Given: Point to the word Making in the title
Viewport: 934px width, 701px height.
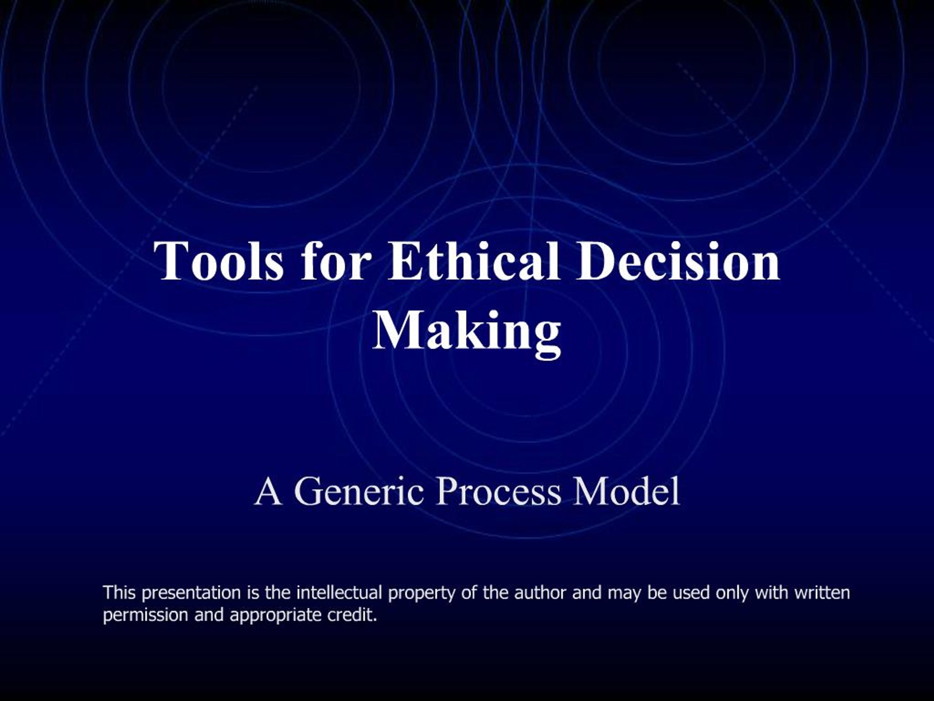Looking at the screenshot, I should coord(467,332).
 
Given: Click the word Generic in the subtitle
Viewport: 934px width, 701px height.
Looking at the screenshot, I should coord(359,491).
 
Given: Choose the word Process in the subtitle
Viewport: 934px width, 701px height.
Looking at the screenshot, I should coord(498,491).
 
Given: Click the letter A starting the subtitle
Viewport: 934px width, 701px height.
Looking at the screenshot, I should coord(268,491).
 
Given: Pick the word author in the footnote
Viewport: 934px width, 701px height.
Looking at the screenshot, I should coord(540,593).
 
